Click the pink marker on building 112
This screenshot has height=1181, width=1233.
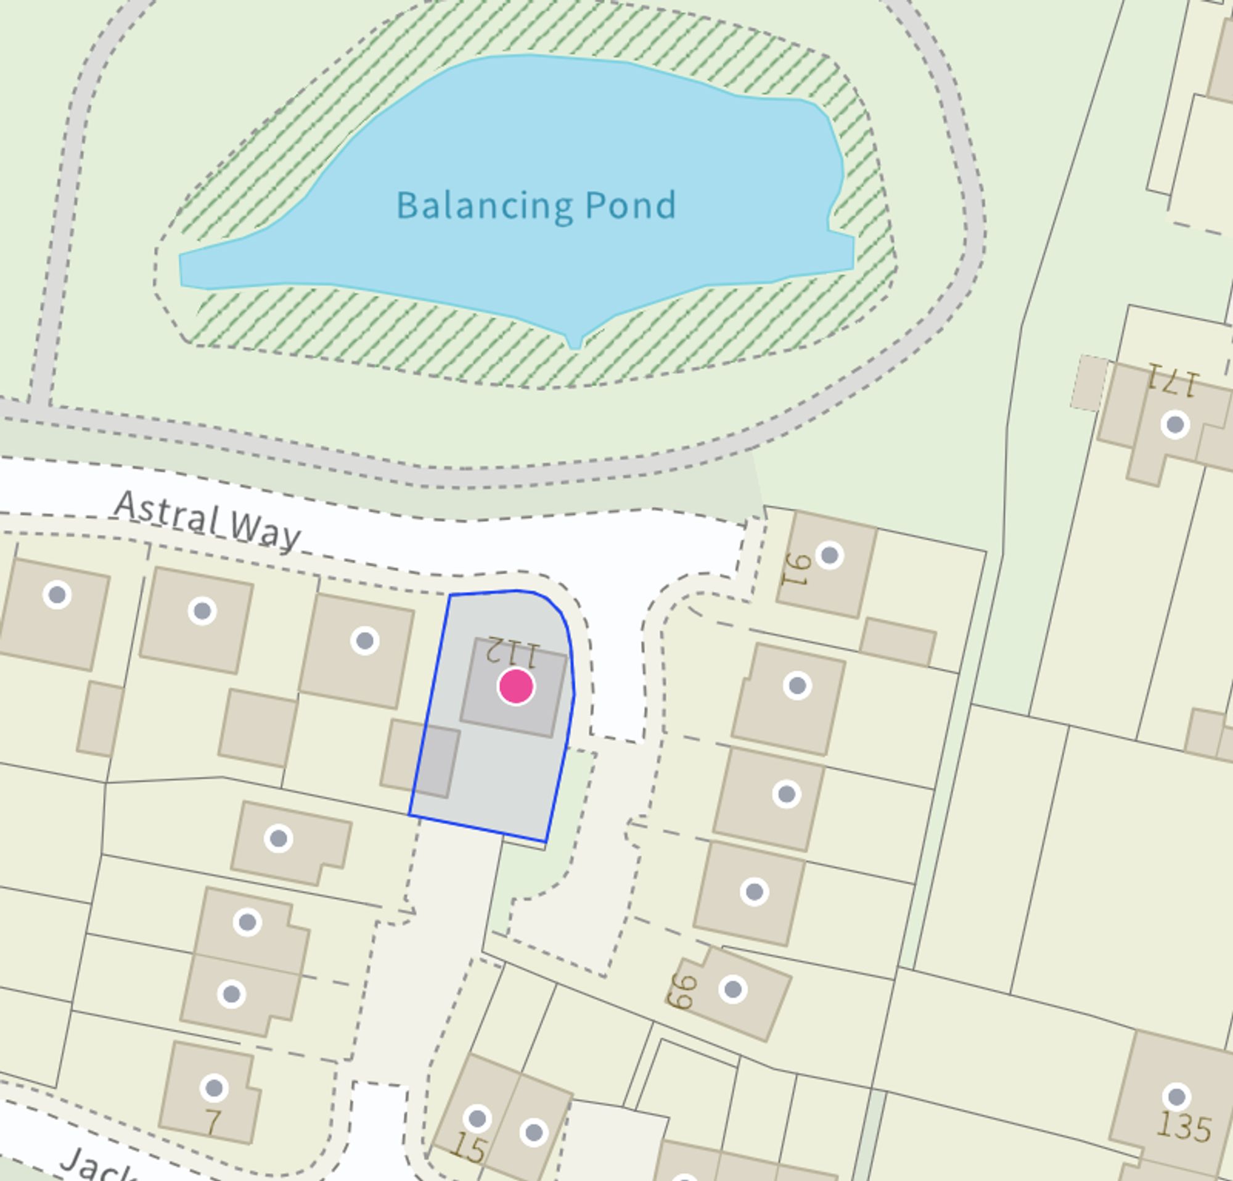pos(516,686)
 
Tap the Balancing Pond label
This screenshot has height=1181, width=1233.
pos(536,206)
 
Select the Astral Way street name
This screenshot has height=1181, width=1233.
pos(208,522)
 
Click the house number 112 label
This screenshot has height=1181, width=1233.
pos(514,652)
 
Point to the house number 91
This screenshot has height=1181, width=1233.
pos(794,569)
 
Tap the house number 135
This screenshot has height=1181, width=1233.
pos(1184,1126)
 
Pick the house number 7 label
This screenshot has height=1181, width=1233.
pos(213,1122)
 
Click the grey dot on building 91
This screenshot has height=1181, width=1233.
pos(830,556)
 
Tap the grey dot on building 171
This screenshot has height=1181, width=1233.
pos(1174,425)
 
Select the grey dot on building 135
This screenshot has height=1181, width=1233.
pos(1176,1097)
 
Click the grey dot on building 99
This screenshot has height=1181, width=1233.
pos(733,990)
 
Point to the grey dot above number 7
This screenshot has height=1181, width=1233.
pos(214,1088)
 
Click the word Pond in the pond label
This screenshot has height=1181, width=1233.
pos(630,206)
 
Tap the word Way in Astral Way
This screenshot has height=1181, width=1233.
pos(264,532)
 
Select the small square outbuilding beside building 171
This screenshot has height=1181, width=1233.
pos(1089,382)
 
